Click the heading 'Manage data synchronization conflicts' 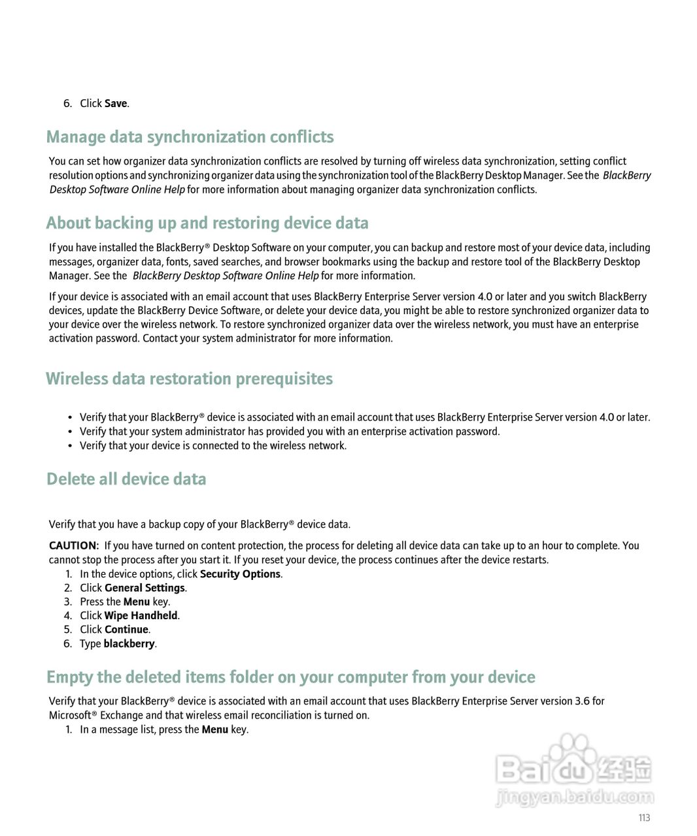click(190, 137)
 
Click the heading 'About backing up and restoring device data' click(207, 223)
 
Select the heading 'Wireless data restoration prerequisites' click(189, 379)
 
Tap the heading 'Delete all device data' click(126, 479)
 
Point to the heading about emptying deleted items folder click(291, 677)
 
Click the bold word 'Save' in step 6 click(116, 103)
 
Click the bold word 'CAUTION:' click(74, 545)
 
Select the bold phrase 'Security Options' click(240, 574)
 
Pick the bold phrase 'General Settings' click(144, 588)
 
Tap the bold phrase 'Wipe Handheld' click(141, 615)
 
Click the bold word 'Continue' click(126, 630)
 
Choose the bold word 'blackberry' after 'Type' click(129, 643)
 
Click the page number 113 click(644, 818)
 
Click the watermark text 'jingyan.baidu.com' click(575, 797)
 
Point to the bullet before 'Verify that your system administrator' click(70, 432)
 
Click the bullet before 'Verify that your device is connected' click(70, 446)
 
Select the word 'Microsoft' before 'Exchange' click(70, 715)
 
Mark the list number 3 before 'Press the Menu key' click(68, 602)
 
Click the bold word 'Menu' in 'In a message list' click(214, 730)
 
